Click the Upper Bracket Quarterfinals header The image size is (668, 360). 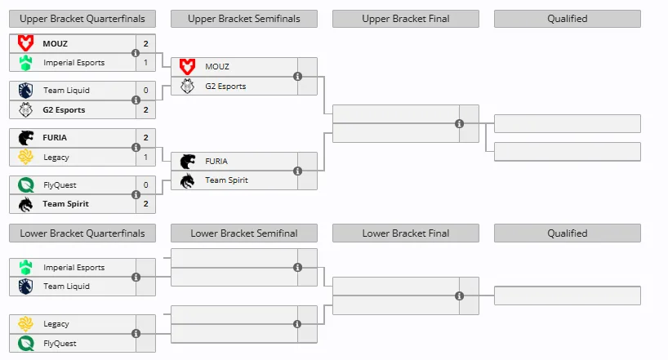(x=82, y=19)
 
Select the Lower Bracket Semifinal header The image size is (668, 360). (x=244, y=233)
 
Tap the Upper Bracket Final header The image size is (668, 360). (x=406, y=19)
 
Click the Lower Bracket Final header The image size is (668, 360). (x=406, y=233)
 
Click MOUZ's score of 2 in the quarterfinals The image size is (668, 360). (x=145, y=43)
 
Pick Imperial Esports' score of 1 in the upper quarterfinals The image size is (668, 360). (x=145, y=63)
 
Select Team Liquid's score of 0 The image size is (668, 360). (x=145, y=91)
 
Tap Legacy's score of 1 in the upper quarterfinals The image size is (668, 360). (x=145, y=158)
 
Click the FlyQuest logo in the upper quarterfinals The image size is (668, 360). (x=26, y=185)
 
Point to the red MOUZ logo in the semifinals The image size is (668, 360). (x=187, y=66)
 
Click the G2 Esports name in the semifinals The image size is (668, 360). (x=225, y=86)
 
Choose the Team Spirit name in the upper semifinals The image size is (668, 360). (x=226, y=180)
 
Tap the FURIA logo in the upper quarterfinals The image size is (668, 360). (x=26, y=138)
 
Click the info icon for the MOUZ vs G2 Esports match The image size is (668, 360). (x=297, y=76)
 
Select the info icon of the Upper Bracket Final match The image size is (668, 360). (x=459, y=123)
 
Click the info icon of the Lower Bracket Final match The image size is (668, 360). (x=459, y=296)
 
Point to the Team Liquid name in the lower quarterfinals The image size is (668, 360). (x=66, y=287)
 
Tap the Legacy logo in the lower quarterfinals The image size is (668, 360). (x=26, y=324)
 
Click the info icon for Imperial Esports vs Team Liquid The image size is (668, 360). (x=136, y=277)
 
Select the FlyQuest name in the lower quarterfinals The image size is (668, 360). (x=60, y=344)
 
